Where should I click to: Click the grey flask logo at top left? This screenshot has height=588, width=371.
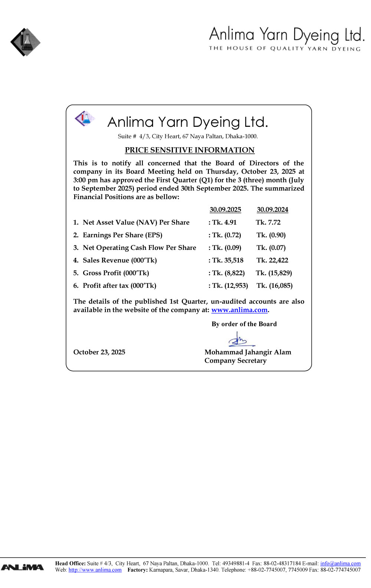(x=25, y=42)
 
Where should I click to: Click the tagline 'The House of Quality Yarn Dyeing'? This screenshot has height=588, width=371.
(x=285, y=49)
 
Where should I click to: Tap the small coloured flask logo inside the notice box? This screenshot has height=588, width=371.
(x=85, y=118)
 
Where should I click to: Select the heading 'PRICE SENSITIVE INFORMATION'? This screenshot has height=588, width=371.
(x=190, y=150)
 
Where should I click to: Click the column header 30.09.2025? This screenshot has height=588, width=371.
(x=225, y=210)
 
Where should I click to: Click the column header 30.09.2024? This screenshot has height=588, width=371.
(x=272, y=210)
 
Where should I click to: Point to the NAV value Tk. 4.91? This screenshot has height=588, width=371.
(x=224, y=222)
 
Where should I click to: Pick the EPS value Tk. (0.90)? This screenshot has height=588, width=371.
(x=271, y=235)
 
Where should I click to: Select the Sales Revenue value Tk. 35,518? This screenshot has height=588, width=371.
(x=227, y=260)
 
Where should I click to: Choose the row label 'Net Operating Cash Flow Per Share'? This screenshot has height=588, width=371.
(x=139, y=248)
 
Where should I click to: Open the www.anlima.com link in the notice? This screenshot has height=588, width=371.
(x=239, y=310)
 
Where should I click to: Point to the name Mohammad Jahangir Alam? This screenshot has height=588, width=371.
(x=248, y=352)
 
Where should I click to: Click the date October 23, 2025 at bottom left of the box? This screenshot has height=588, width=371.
(x=99, y=352)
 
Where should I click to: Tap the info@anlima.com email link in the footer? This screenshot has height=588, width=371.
(x=340, y=564)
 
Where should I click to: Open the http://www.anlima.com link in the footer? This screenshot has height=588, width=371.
(x=95, y=570)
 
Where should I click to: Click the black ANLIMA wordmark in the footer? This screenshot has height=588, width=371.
(x=22, y=567)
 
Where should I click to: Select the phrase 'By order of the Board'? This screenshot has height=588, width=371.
(x=244, y=324)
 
